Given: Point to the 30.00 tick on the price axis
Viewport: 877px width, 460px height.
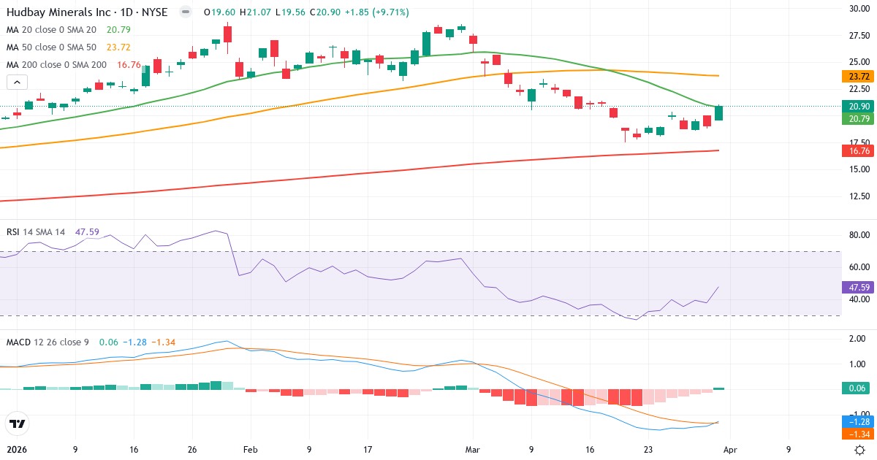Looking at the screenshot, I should pos(858,9).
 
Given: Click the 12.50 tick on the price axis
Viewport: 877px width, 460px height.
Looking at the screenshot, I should pos(858,196).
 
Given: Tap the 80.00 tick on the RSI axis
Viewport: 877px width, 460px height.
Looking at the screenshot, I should pos(858,235).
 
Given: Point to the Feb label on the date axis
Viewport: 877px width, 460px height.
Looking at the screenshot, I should pos(251,451).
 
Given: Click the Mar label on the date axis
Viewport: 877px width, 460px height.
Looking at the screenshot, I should pos(473,451).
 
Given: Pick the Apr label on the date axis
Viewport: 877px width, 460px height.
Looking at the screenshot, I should pos(730,451).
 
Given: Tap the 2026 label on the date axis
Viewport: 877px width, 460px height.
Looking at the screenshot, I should pos(17,451).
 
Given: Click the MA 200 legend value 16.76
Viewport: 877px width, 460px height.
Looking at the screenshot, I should pos(129,65).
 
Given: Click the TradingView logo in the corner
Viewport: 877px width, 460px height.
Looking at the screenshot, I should pos(17,423).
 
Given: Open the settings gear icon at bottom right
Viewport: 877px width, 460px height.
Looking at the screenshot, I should pos(860,451).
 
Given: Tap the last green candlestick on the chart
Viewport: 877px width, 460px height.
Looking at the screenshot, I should pos(719,113).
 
